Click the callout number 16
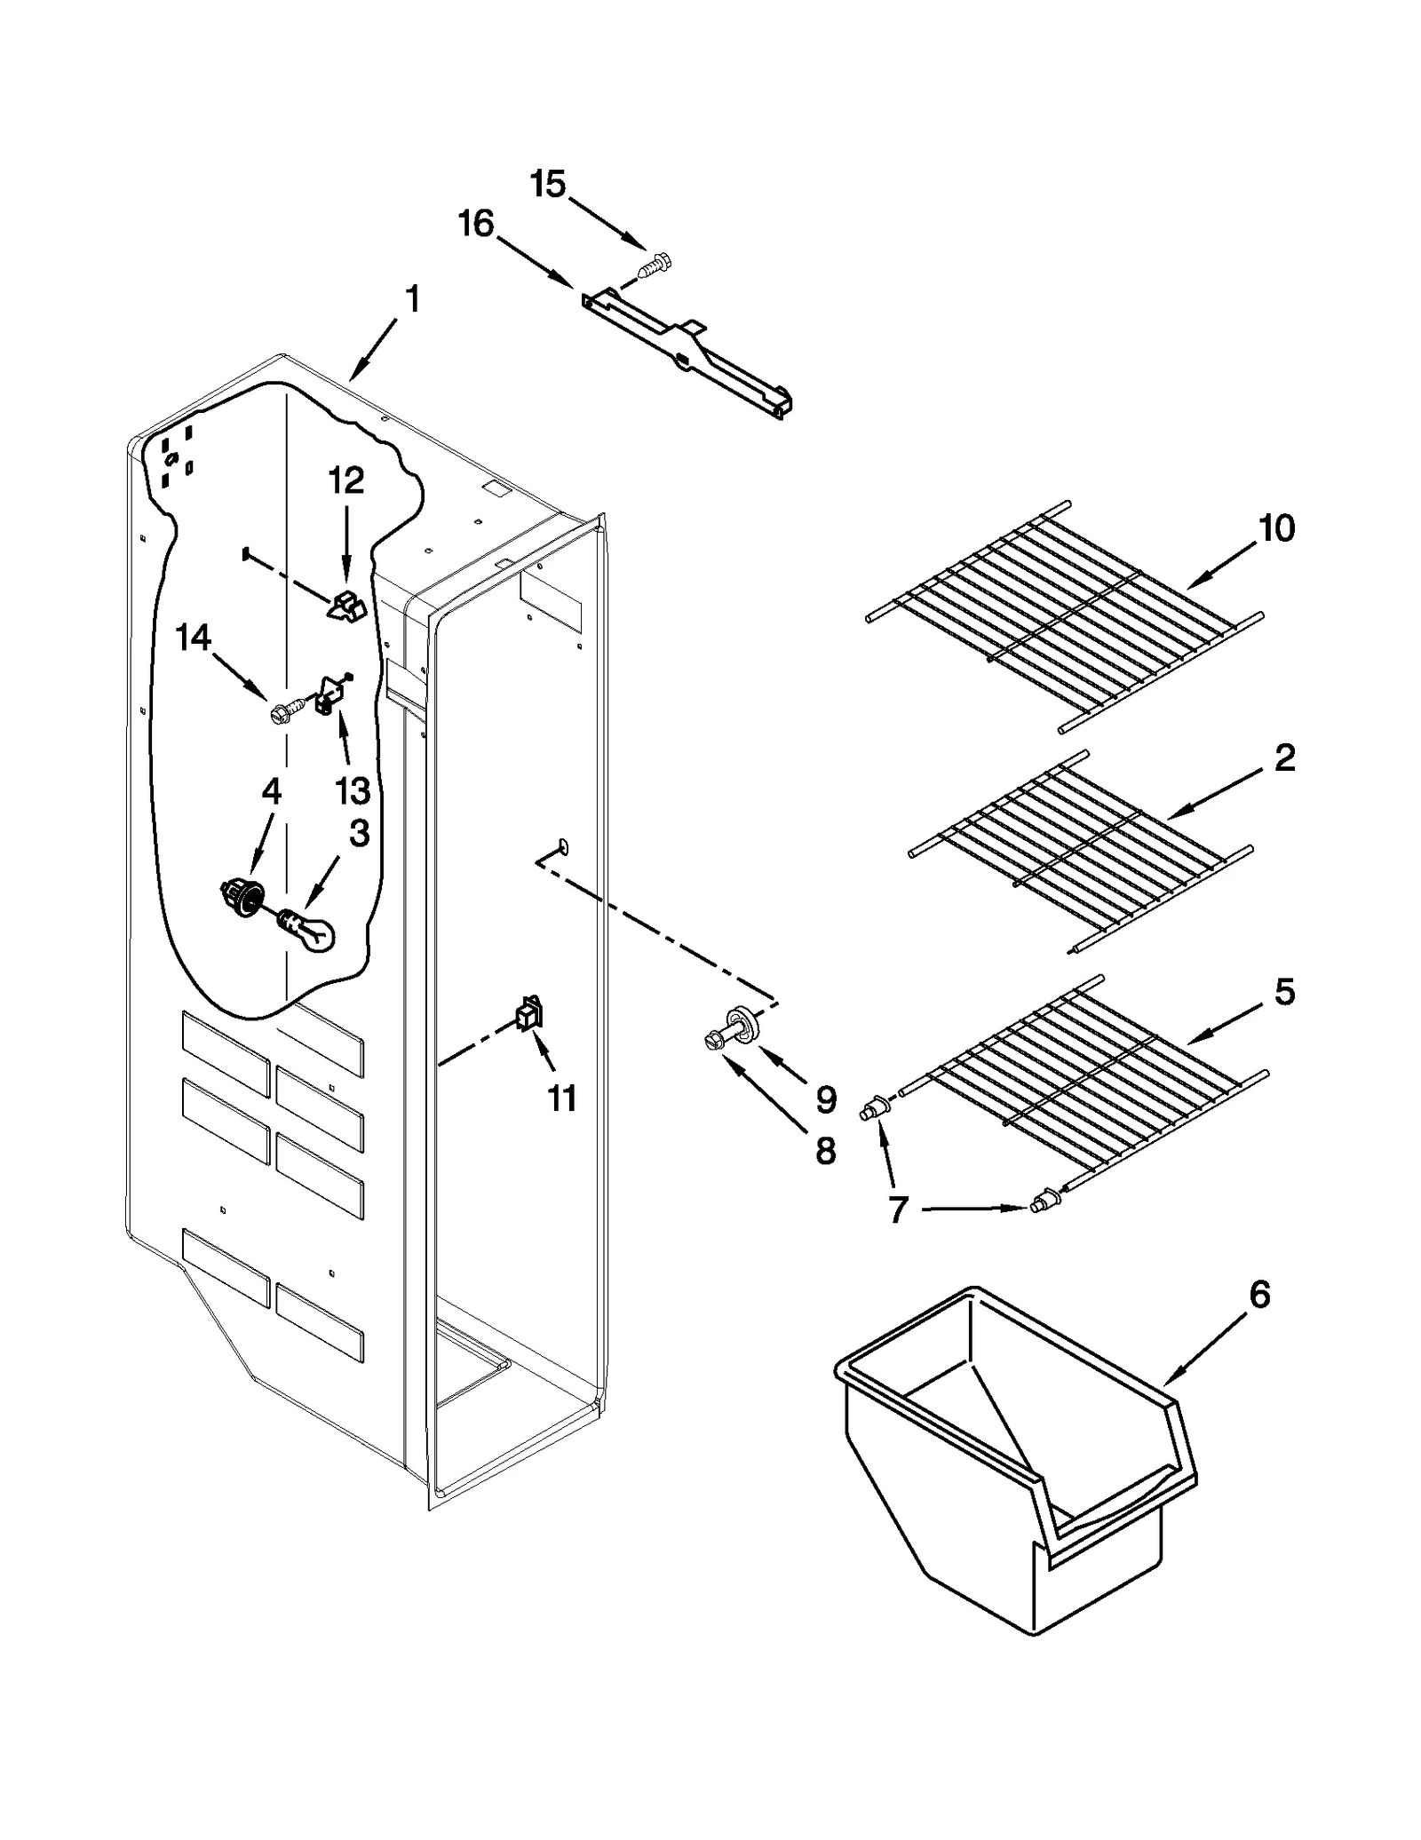pos(476,224)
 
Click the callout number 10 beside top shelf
pos(1276,529)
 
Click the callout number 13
pos(353,789)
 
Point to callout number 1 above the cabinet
pos(412,300)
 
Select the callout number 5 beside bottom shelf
pos(1284,992)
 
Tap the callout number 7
pos(897,1209)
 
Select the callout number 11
pos(561,1098)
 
